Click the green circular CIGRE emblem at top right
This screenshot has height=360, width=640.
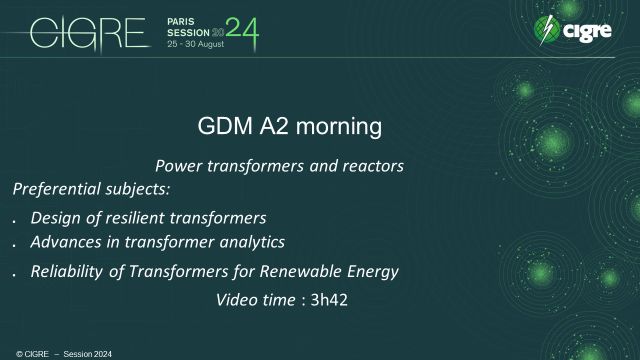click(548, 30)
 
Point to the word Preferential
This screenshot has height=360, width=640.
click(56, 188)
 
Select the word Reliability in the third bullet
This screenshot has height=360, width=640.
click(68, 271)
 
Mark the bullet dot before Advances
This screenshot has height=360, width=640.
click(14, 244)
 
